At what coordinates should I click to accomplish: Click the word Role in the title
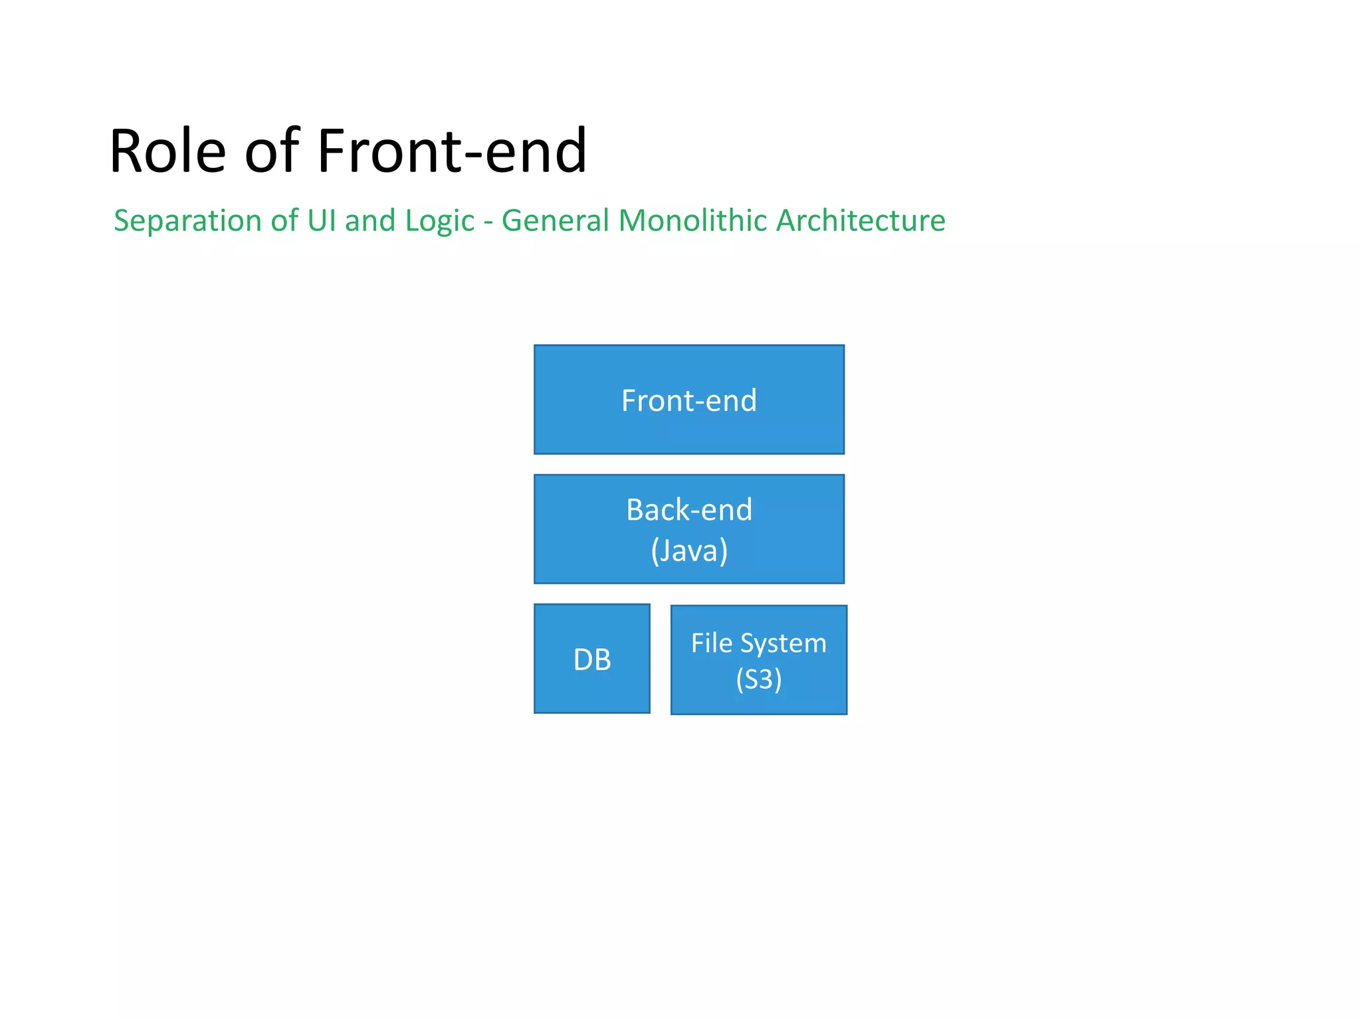167,151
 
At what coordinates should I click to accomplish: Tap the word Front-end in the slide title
452,151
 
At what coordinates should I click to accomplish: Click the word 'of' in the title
271,151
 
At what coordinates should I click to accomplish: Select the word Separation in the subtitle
187,221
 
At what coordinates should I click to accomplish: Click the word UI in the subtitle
322,220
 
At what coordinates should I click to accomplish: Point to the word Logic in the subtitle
439,221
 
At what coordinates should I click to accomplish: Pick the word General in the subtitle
556,220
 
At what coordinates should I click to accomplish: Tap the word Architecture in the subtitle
861,220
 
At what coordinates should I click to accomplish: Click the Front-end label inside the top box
689,400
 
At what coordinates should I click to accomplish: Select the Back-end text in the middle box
689,510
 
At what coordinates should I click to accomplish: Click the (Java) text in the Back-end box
689,551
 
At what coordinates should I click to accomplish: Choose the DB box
592,659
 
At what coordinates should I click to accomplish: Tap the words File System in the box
758,643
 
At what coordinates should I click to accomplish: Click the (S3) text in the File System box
758,679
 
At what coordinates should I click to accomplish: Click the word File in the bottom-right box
712,643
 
